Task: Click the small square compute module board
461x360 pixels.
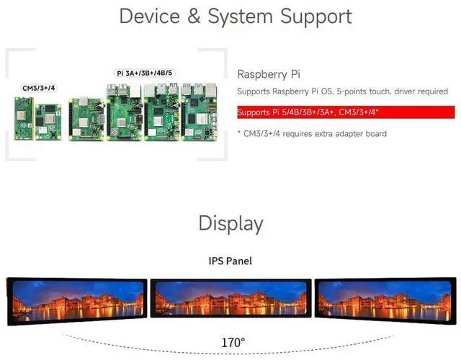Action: [x=48, y=118]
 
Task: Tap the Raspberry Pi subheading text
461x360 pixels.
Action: [x=268, y=74]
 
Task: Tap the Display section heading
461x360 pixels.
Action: [x=230, y=223]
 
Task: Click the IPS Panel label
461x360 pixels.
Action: [x=230, y=261]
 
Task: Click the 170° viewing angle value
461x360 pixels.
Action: [x=233, y=343]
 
